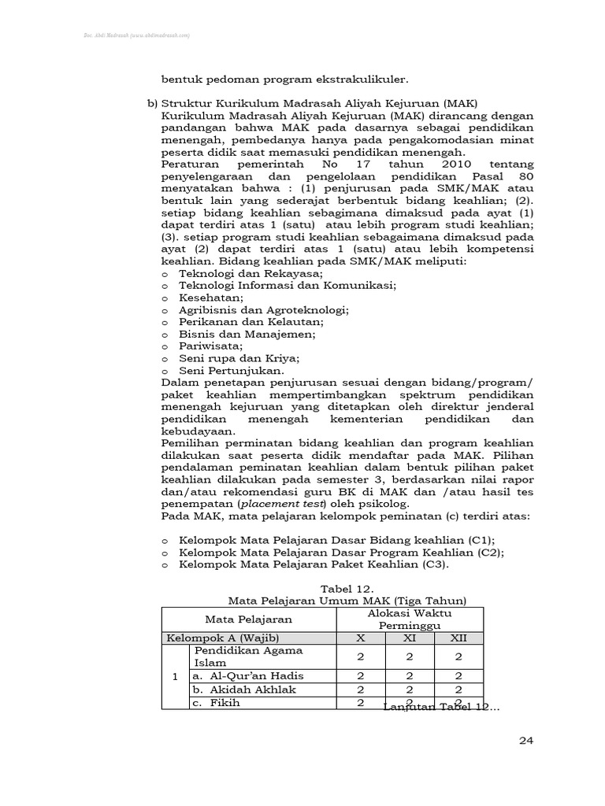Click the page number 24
click(526, 740)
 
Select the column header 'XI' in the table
click(410, 638)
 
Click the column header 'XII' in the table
click(458, 638)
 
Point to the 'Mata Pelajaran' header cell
click(249, 619)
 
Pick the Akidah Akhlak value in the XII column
click(458, 689)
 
